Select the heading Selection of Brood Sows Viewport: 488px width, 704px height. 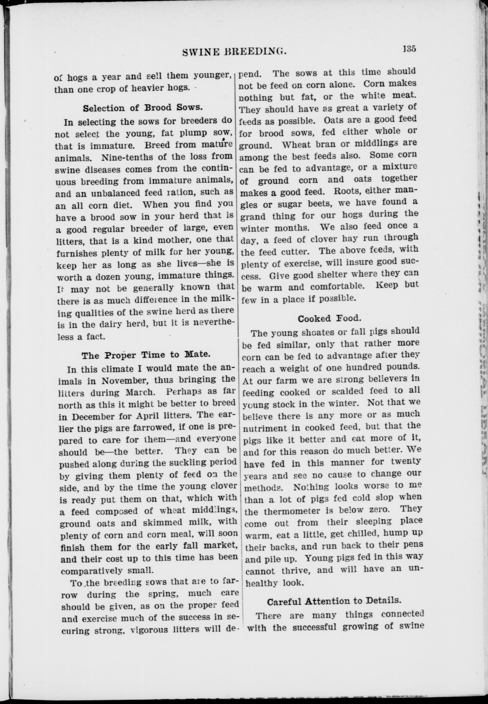(x=142, y=108)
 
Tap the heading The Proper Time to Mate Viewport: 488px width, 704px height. (x=145, y=355)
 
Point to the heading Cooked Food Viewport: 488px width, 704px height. (x=329, y=318)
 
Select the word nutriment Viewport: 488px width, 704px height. (x=265, y=428)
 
